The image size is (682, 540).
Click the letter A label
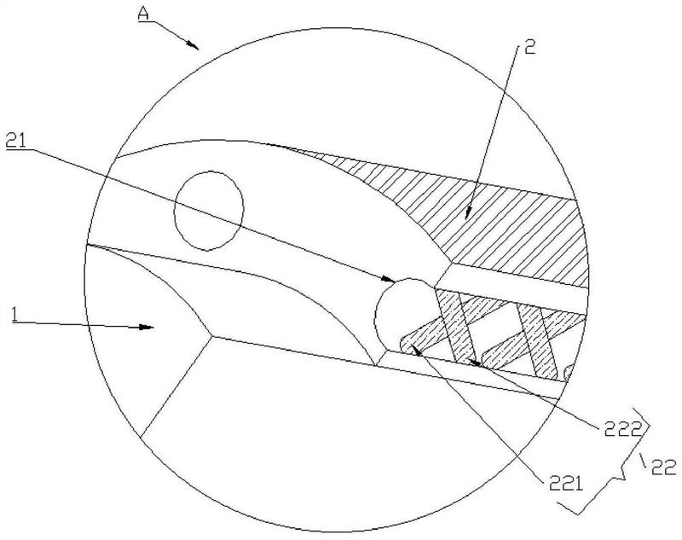[x=143, y=14]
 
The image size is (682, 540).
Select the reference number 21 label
[x=16, y=141]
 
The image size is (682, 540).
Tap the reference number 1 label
[x=16, y=314]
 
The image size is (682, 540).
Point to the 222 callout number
[x=622, y=430]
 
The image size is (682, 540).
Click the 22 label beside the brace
[x=663, y=467]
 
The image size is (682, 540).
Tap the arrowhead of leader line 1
[x=146, y=327]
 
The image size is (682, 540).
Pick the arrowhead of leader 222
[x=474, y=362]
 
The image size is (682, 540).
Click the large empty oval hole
[x=209, y=211]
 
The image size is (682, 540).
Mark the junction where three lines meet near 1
[x=211, y=336]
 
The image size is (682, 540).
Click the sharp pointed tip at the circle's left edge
[x=87, y=245]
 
